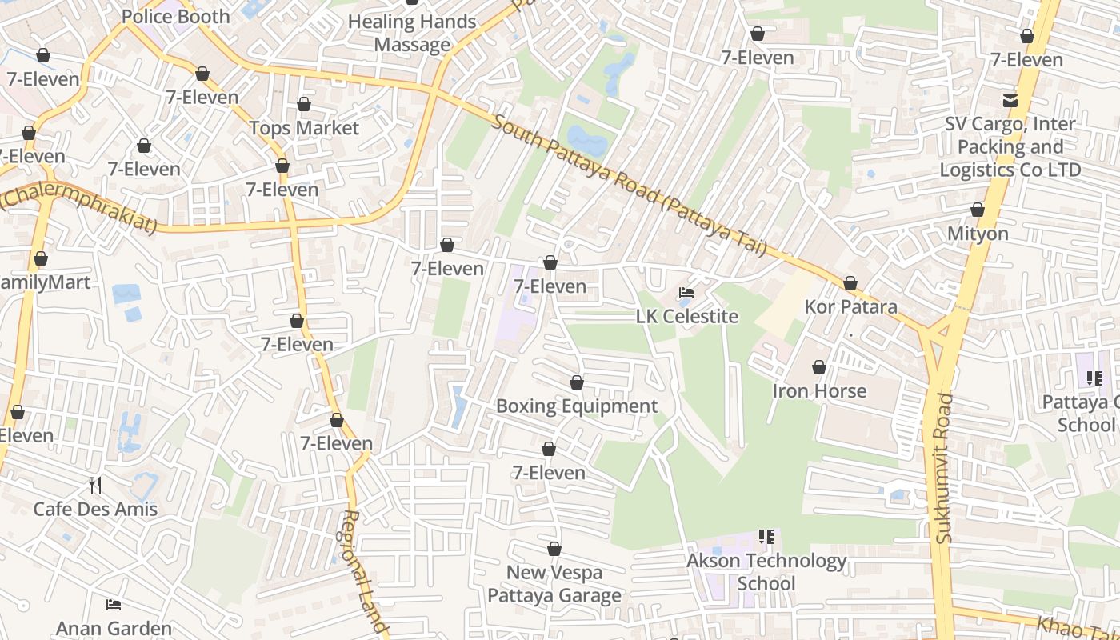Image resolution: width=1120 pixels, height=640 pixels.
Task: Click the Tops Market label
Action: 304,128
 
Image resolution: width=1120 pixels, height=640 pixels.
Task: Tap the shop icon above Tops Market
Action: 304,105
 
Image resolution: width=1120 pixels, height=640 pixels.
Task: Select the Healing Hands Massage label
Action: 412,34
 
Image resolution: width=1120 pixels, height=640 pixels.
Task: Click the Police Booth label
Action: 175,16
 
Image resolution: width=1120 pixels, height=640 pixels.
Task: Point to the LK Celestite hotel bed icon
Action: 686,294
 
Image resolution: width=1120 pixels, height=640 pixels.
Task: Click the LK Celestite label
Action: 687,316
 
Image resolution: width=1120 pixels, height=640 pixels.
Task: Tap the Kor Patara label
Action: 850,306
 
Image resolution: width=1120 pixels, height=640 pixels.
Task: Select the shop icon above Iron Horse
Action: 819,367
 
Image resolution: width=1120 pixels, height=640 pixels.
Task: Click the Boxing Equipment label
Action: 577,406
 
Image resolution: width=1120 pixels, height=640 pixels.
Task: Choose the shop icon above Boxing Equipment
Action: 577,383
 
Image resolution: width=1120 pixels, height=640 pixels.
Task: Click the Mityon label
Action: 978,234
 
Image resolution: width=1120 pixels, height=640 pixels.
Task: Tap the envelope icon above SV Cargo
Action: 1010,101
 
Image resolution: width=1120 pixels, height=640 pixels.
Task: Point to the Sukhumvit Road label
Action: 945,468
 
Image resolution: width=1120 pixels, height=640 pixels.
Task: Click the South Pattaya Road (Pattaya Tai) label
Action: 630,186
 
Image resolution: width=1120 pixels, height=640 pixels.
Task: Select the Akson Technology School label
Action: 766,572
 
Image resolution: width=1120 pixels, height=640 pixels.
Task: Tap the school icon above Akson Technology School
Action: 766,537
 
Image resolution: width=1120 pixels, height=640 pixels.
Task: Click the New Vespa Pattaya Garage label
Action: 554,584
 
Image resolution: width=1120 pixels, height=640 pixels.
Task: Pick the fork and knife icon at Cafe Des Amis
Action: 95,486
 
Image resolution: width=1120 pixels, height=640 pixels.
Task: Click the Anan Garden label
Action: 114,629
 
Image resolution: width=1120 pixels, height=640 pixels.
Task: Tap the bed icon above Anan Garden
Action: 114,604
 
